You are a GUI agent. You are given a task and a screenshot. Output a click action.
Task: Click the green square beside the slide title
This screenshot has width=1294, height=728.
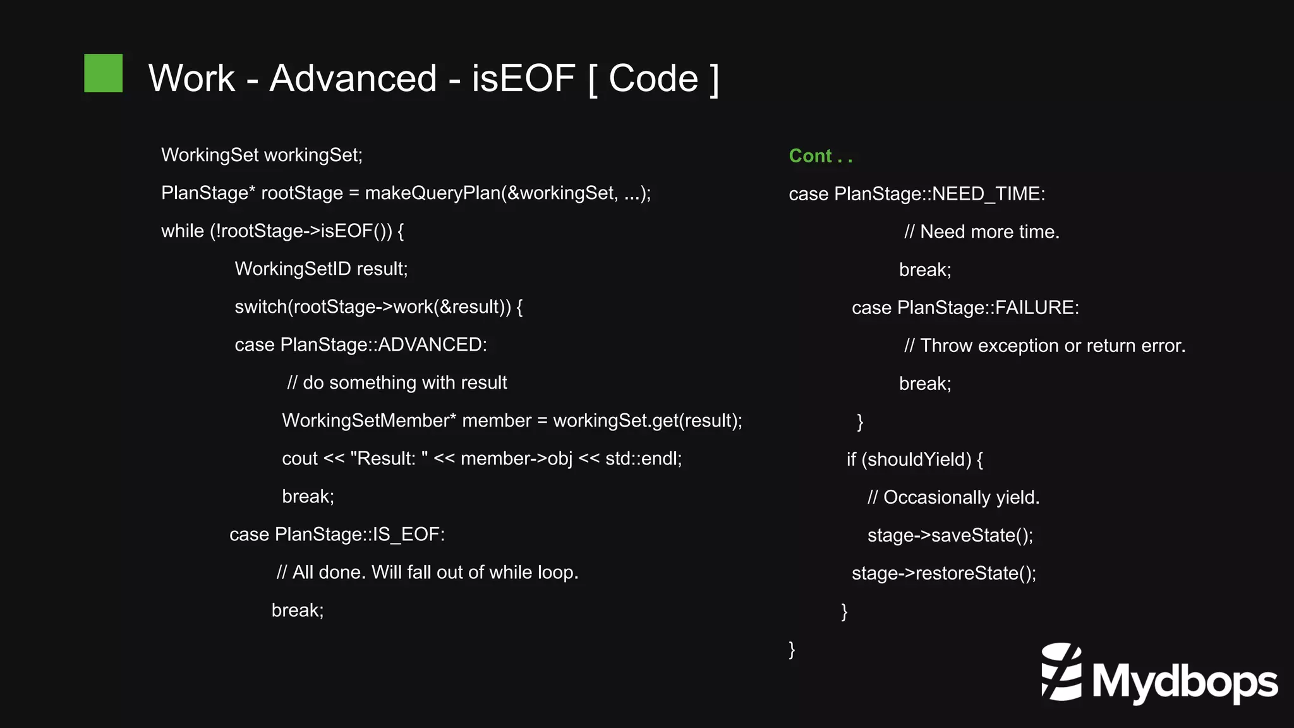103,73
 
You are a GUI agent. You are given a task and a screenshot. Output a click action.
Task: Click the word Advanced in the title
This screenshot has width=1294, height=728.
353,78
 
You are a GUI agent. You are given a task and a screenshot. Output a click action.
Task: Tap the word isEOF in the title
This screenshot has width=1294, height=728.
523,78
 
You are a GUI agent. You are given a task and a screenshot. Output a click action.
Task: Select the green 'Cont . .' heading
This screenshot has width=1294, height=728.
820,156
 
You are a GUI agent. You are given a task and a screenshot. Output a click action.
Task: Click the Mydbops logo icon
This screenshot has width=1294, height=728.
1061,672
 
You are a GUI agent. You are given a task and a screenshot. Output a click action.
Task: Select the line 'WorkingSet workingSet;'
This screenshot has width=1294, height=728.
262,155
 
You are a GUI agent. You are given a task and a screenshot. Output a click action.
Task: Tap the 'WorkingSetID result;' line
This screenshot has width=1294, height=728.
321,269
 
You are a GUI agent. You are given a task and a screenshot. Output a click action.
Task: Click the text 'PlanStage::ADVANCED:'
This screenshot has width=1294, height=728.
384,344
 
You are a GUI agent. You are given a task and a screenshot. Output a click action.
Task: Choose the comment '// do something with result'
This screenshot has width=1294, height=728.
397,382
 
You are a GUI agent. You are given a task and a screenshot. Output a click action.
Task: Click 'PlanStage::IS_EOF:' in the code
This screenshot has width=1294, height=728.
360,534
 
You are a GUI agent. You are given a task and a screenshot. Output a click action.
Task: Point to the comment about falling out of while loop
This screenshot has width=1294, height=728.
427,572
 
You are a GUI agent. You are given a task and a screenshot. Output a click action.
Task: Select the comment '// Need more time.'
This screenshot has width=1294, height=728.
981,231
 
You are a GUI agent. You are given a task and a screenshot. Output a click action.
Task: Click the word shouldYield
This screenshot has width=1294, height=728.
919,459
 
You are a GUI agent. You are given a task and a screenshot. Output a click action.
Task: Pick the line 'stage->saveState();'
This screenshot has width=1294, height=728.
950,535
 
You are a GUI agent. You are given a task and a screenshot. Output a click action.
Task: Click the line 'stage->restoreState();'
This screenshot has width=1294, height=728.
943,573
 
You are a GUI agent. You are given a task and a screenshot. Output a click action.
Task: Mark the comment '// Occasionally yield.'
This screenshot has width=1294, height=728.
953,497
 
